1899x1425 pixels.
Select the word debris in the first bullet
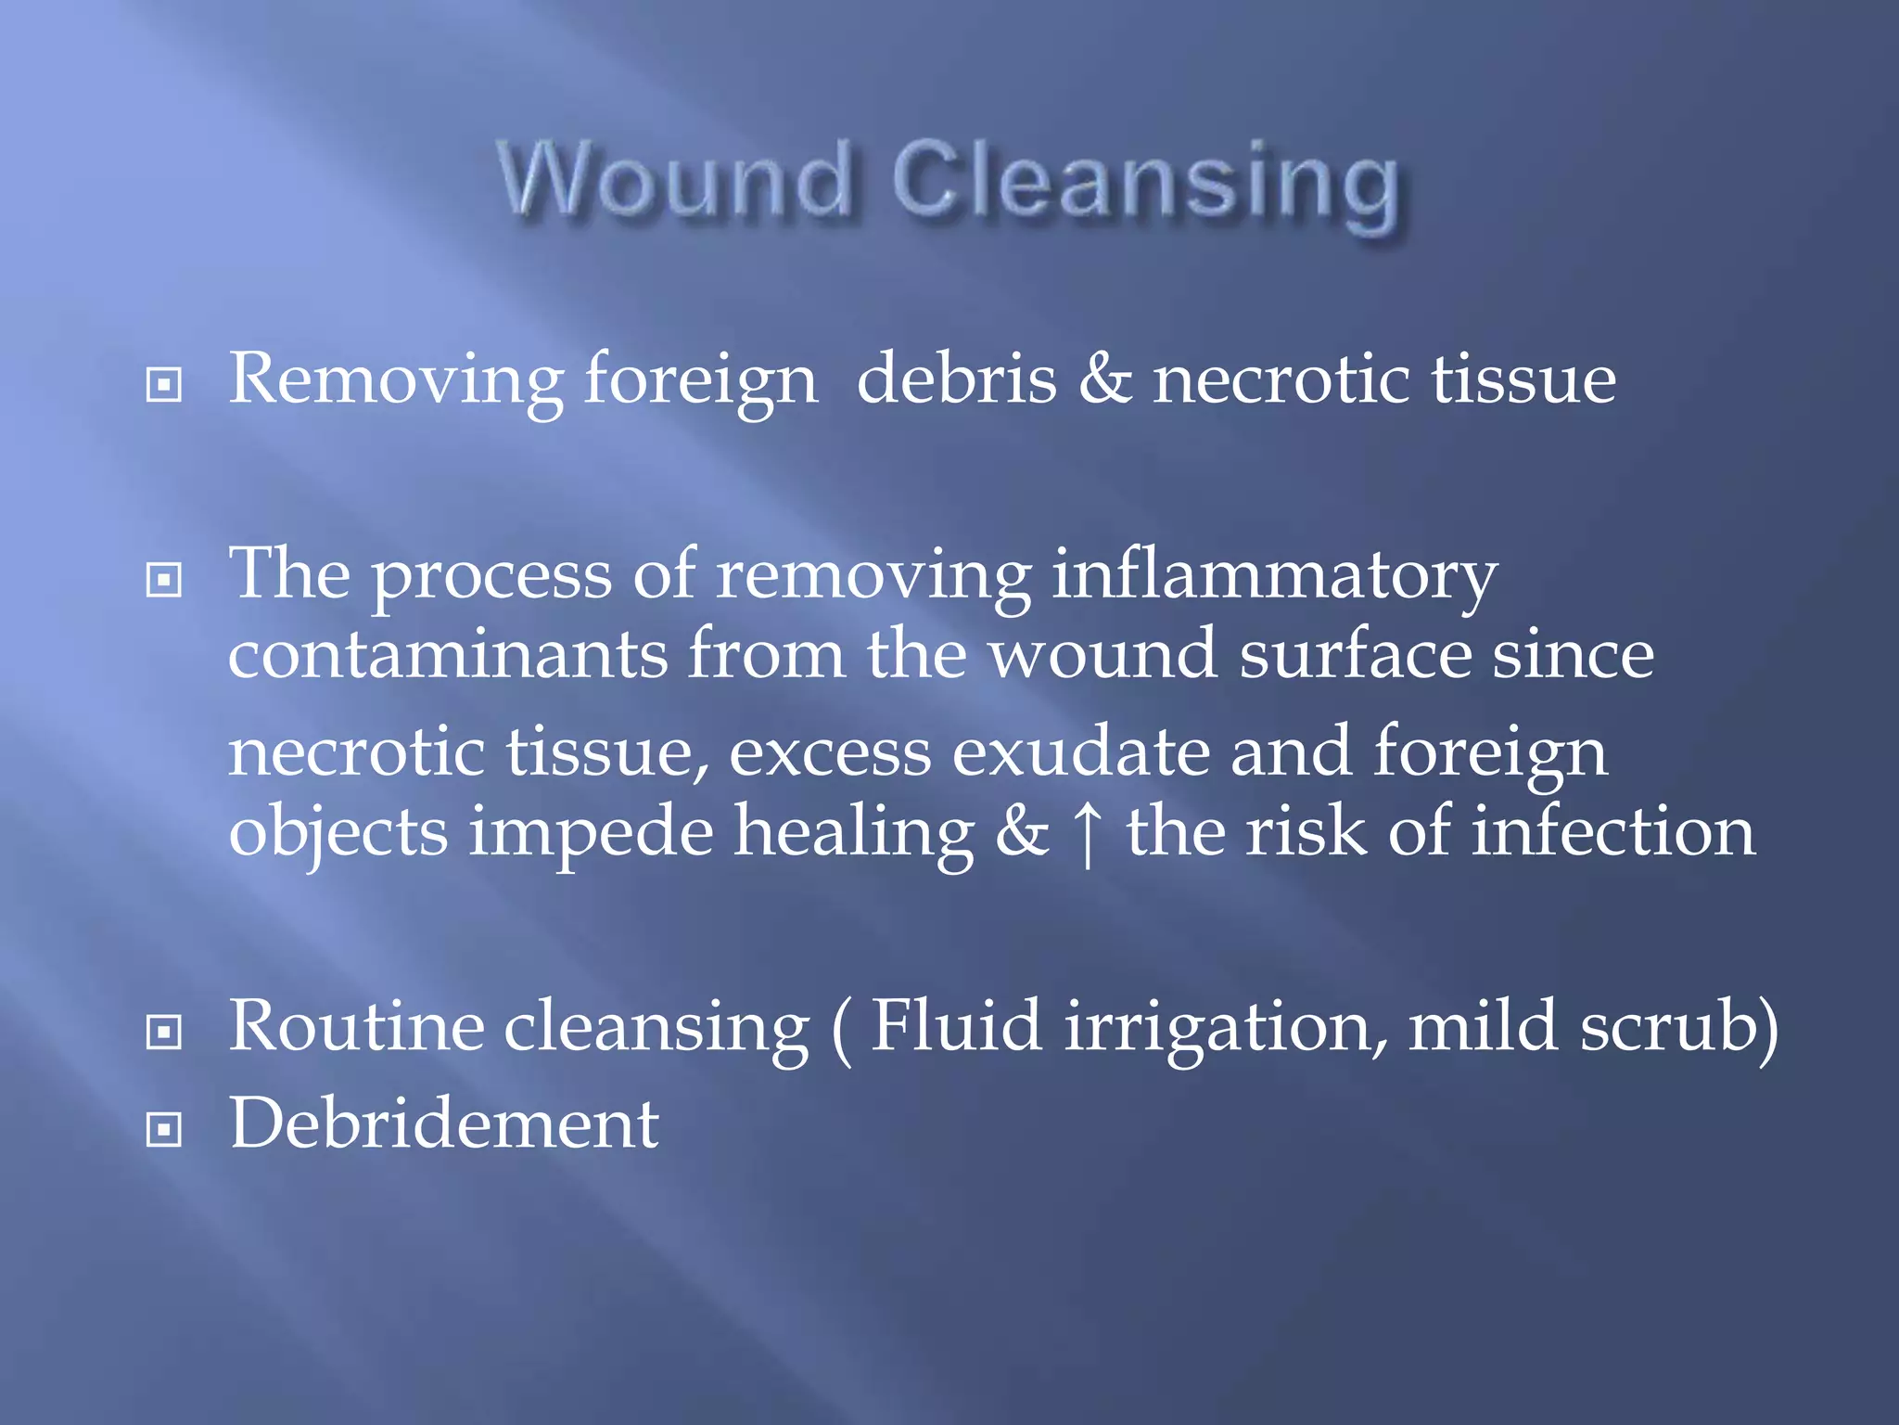click(x=956, y=379)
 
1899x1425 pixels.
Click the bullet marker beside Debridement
click(x=164, y=1129)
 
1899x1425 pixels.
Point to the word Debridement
click(x=444, y=1123)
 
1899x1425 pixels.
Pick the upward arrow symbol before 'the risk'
click(x=1088, y=834)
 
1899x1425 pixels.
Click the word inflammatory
click(x=1274, y=576)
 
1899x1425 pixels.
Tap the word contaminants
click(x=447, y=654)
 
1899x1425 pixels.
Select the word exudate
click(x=1081, y=751)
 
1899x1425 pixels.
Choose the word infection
click(x=1612, y=831)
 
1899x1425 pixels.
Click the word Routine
click(x=356, y=1026)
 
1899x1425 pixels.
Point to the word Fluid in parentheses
click(x=956, y=1025)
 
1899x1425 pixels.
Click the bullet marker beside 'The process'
click(x=164, y=581)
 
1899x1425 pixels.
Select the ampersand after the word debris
click(x=1104, y=379)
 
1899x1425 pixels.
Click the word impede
click(x=591, y=832)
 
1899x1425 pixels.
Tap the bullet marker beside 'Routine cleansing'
click(x=164, y=1032)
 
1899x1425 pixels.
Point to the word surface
click(x=1355, y=654)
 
